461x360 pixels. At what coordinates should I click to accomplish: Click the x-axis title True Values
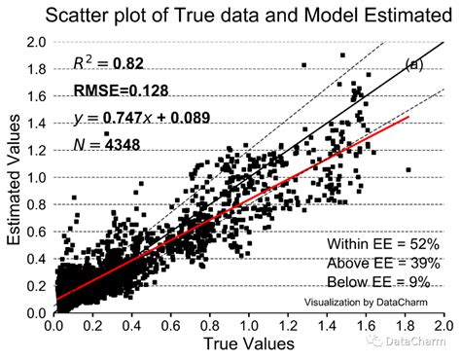pos(249,345)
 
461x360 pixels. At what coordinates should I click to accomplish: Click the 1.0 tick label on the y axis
pos(37,178)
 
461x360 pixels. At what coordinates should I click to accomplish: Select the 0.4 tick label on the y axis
pos(37,259)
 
